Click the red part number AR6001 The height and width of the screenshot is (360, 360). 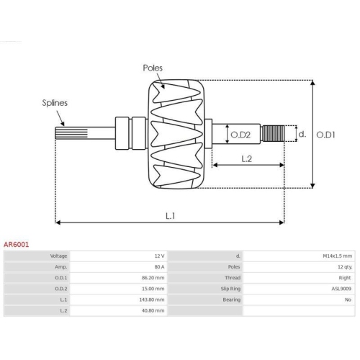(16, 245)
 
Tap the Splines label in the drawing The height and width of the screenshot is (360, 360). (55, 103)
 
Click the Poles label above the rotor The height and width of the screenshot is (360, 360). (153, 68)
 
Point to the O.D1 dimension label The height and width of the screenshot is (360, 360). (325, 135)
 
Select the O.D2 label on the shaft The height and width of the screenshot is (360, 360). (240, 135)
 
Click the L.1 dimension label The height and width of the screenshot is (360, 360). (171, 216)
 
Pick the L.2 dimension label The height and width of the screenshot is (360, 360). (246, 159)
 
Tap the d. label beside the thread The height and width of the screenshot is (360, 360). (302, 134)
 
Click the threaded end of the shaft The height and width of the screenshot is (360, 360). (273, 133)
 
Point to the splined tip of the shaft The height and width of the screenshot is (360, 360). (71, 133)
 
